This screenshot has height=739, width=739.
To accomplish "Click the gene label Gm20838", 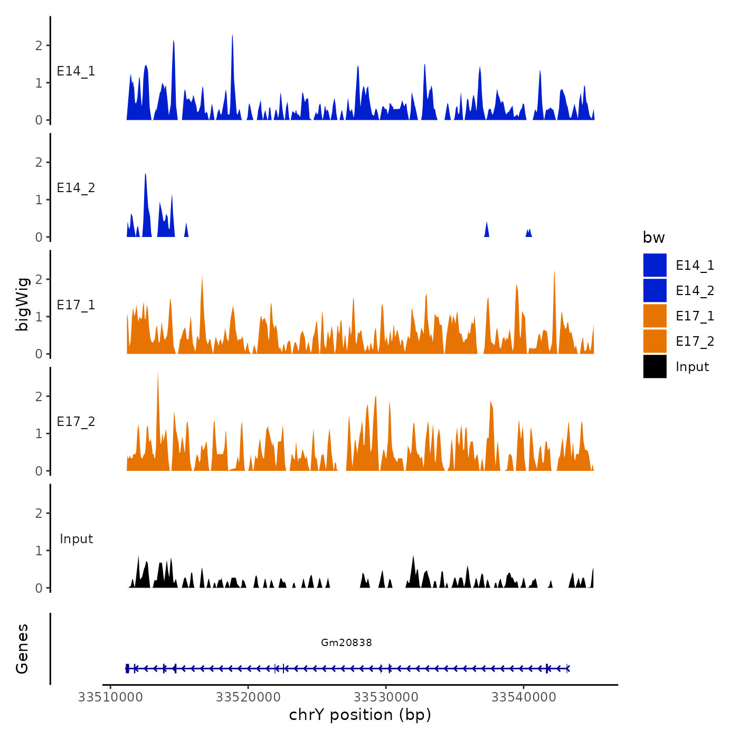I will tap(346, 642).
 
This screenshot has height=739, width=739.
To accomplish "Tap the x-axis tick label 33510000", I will tap(110, 697).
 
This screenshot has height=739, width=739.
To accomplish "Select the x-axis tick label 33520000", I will tap(248, 697).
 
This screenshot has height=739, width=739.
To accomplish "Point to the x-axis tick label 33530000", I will tap(386, 697).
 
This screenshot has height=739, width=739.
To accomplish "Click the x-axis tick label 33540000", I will tap(524, 697).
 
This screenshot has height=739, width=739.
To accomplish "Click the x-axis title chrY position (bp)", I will tap(360, 715).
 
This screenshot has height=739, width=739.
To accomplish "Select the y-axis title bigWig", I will tap(22, 304).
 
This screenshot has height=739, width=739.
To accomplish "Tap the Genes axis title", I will tap(22, 649).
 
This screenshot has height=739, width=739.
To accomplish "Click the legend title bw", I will tap(653, 238).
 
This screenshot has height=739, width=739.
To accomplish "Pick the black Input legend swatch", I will tap(655, 366).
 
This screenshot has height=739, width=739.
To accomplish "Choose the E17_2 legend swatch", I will tap(655, 341).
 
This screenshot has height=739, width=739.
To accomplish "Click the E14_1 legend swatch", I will tap(655, 265).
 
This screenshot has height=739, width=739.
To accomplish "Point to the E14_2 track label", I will tap(76, 188).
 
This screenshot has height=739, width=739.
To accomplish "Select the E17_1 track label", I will tap(76, 305).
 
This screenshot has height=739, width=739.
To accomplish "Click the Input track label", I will tap(76, 539).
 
